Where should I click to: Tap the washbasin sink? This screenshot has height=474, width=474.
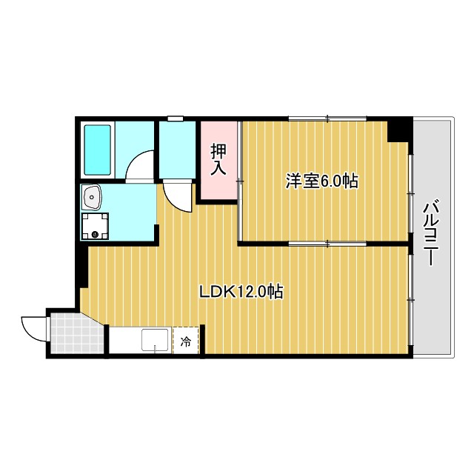point(93,198)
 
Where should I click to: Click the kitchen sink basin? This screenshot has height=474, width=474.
point(155,341)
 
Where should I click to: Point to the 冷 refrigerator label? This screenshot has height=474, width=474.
point(186,342)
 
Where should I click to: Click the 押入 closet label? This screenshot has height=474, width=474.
point(218,159)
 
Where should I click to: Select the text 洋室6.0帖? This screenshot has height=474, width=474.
point(322,181)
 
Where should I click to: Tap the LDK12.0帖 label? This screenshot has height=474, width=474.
point(241,292)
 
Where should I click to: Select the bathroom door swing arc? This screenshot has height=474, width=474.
point(140,167)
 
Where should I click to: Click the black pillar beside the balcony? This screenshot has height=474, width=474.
point(400,129)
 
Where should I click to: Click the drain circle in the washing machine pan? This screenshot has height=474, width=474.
point(95,235)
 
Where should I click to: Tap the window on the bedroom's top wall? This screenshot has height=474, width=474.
point(327,118)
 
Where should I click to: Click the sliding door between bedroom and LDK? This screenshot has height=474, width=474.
point(326,242)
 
